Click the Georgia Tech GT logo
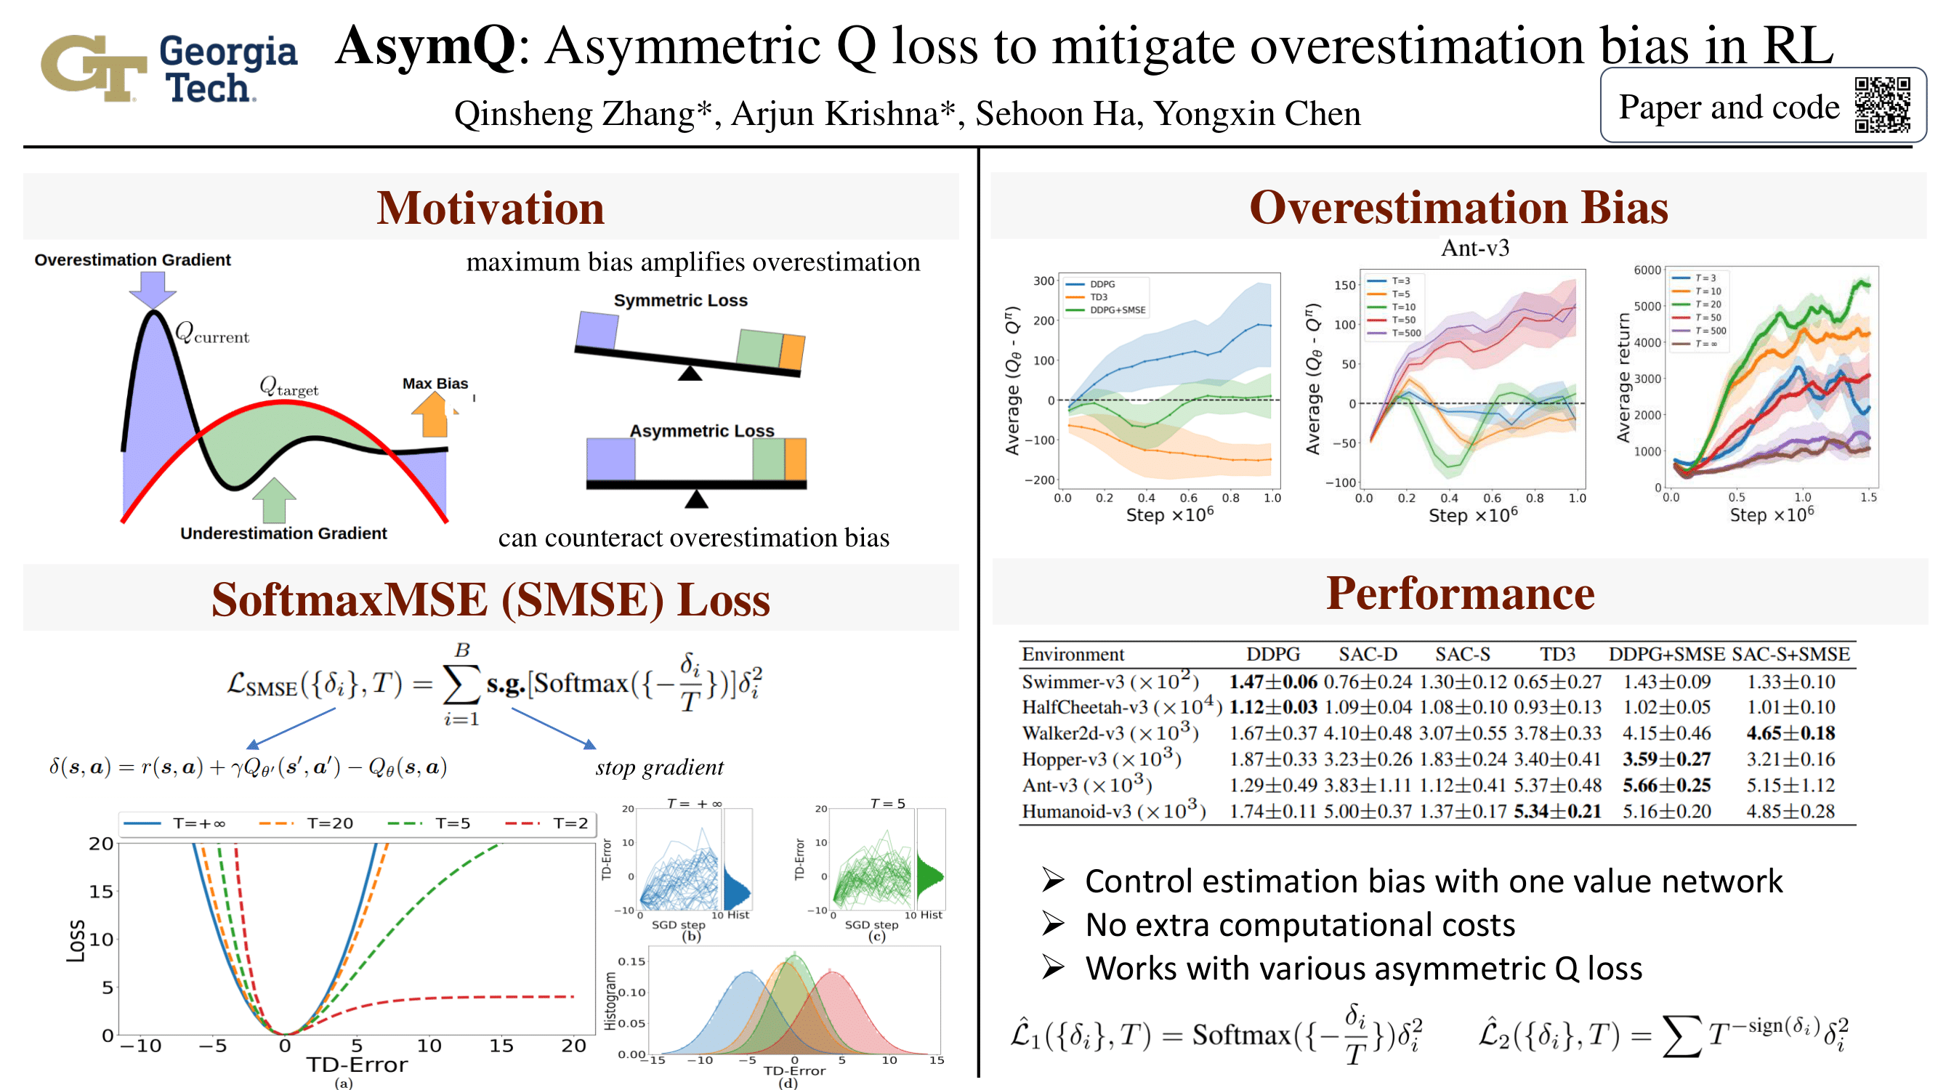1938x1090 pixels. tap(93, 68)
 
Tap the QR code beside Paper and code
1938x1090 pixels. tap(1881, 105)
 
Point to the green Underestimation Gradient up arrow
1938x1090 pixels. tap(275, 500)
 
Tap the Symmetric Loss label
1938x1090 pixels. tap(680, 300)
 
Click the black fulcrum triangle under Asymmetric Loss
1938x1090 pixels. tap(697, 498)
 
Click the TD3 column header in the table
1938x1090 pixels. tap(1557, 654)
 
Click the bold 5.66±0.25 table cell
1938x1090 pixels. tap(1666, 785)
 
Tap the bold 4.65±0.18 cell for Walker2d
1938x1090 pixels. tap(1790, 732)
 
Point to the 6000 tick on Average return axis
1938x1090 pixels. tap(1646, 270)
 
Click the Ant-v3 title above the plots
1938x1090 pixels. tap(1474, 249)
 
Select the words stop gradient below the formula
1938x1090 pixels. tap(659, 767)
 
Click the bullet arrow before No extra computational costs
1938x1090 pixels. tap(1053, 924)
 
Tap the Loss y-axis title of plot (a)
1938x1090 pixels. tap(76, 940)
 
